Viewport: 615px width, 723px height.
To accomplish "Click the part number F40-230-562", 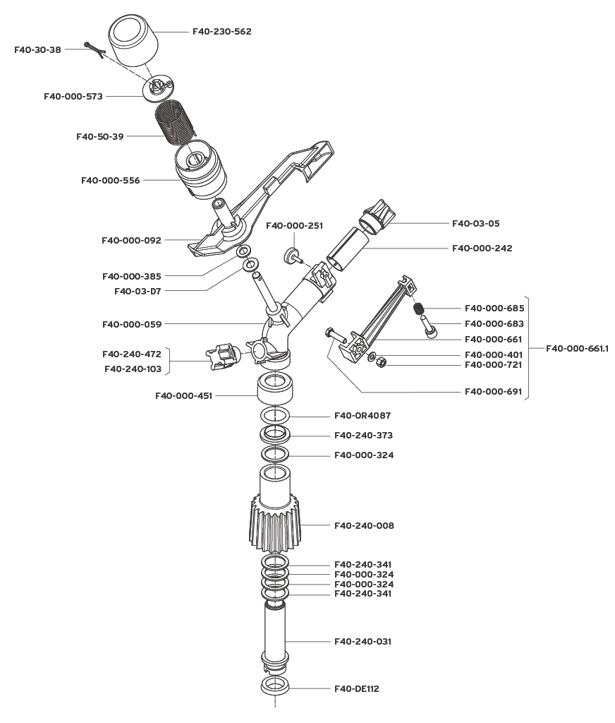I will (x=221, y=32).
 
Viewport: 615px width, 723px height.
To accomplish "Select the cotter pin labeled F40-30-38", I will (x=93, y=48).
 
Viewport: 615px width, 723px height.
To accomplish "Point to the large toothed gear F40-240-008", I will (x=275, y=524).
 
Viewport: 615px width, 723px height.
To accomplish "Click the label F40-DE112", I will (x=356, y=688).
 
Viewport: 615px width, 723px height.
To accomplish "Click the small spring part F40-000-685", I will (x=418, y=309).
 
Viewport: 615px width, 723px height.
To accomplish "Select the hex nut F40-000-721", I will (x=379, y=363).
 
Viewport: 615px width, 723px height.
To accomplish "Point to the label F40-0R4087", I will (x=363, y=415).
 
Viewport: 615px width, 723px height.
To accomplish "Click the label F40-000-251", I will (x=294, y=226).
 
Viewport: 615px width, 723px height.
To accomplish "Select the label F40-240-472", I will (x=132, y=354).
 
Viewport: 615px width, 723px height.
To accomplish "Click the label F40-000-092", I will (x=131, y=240).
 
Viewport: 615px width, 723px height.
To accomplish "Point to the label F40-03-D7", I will (x=138, y=291).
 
